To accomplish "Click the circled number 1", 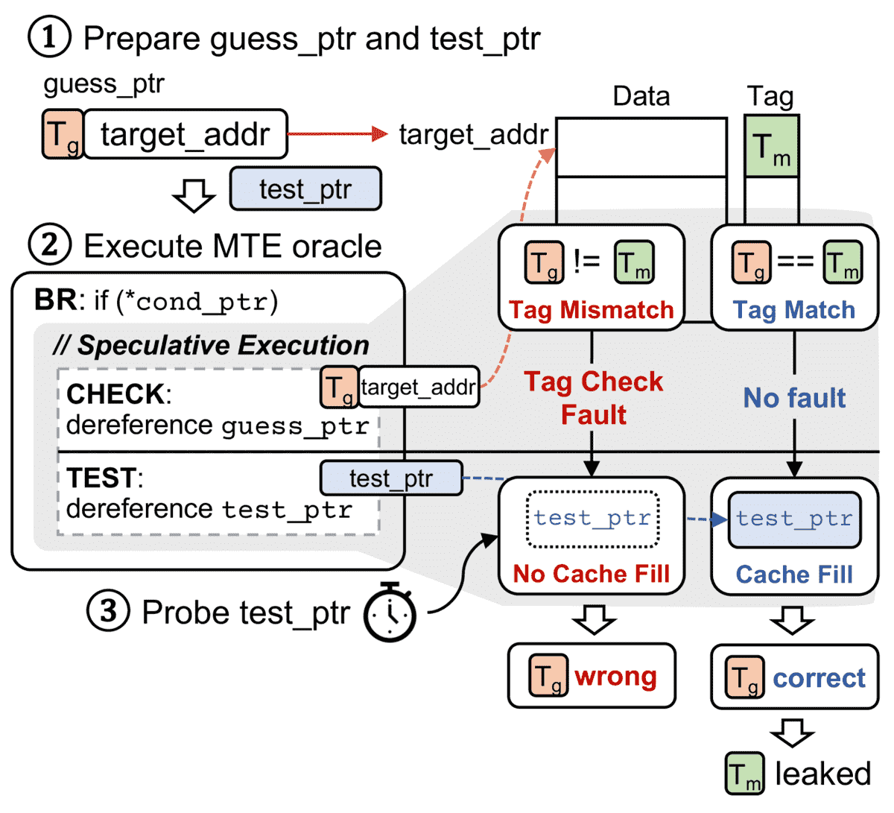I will point(49,37).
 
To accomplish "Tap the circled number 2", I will point(49,244).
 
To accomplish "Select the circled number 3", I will point(109,611).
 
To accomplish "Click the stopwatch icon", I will point(390,613).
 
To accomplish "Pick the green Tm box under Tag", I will point(771,146).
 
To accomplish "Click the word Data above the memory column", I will point(641,96).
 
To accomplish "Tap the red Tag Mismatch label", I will point(591,310).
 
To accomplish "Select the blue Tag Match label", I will point(794,310).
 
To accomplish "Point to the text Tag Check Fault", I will point(593,398).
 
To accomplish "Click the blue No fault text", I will point(794,398).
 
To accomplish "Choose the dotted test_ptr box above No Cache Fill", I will point(592,519).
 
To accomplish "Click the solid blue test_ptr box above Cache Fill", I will point(794,519).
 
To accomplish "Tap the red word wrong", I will point(615,677).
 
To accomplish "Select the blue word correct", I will point(819,678).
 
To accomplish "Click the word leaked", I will point(822,774).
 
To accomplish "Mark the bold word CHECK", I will point(115,393).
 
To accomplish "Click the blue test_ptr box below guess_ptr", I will point(305,189).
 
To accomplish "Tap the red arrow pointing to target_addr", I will point(338,134).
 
